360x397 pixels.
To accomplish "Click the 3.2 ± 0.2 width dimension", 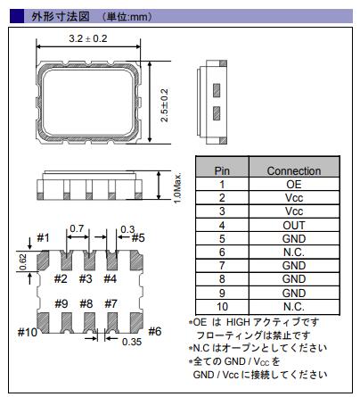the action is point(88,38).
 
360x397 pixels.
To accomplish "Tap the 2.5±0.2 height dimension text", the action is point(164,105).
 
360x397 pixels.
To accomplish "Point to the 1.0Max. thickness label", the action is point(177,188).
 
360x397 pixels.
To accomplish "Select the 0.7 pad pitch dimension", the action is point(77,228).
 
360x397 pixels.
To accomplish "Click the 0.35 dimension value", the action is point(132,342).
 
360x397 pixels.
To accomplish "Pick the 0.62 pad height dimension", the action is point(23,262).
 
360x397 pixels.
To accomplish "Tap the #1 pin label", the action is point(44,238).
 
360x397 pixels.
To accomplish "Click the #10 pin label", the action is point(28,332).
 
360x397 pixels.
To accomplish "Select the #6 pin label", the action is point(155,331).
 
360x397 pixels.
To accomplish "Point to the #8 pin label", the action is point(86,304).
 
